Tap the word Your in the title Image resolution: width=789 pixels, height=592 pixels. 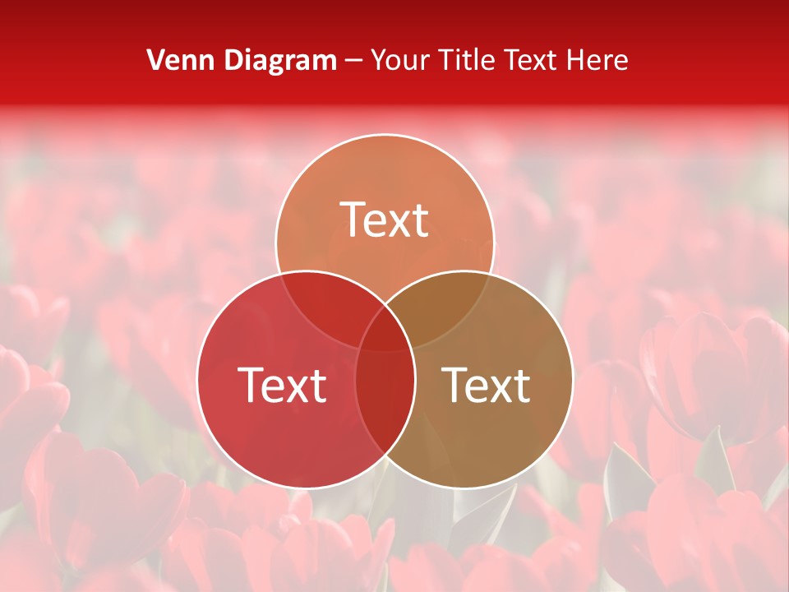(402, 60)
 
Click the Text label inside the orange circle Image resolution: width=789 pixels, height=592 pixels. (385, 220)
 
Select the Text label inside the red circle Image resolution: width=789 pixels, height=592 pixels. (282, 384)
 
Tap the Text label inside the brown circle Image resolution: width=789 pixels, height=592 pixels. (487, 384)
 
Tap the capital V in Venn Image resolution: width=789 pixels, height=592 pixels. (155, 60)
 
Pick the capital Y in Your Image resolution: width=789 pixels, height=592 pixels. (379, 60)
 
